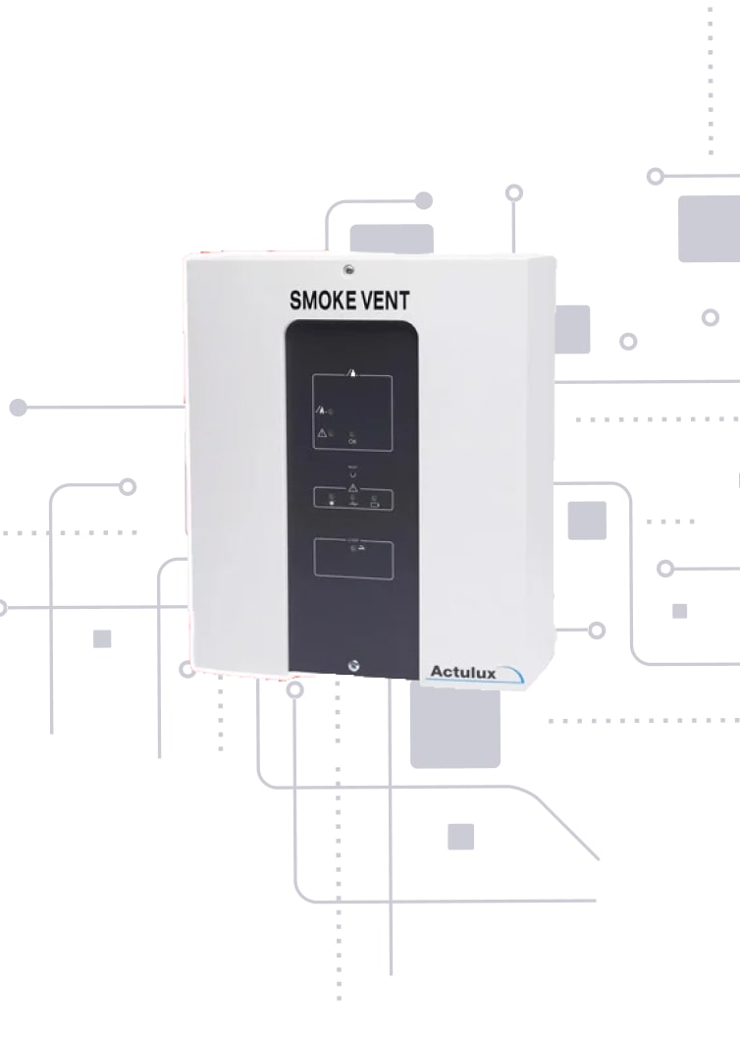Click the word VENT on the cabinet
pos(384,300)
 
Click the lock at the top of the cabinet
pos(347,268)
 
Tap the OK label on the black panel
pos(352,442)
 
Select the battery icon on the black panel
pos(374,503)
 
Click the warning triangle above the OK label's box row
pos(323,432)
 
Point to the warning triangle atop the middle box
pos(352,487)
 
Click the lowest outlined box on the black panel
pos(352,558)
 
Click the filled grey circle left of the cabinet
pos(18,407)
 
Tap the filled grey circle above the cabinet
pos(424,200)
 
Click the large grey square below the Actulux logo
pos(454,725)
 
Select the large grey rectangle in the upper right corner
pos(709,228)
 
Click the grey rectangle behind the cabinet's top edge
pos(392,239)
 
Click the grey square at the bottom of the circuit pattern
pos(460,836)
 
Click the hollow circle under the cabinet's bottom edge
pos(294,689)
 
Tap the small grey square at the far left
pos(102,638)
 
